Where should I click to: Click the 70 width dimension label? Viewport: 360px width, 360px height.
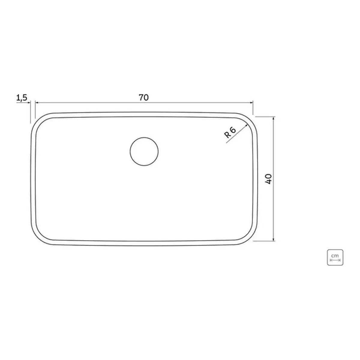pos(144,97)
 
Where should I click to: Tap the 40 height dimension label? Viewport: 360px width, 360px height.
pos(268,179)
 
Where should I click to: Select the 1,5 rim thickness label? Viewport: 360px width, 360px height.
pos(22,98)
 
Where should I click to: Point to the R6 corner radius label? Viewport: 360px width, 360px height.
pos(230,132)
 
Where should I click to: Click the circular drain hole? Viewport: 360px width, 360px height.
pos(144,151)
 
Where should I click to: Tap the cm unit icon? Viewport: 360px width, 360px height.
pos(335,257)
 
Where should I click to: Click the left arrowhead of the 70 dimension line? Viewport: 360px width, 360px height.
pos(37,103)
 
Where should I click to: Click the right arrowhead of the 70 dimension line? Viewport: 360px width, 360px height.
pos(251,103)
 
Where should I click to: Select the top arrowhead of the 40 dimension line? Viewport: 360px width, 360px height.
pos(274,118)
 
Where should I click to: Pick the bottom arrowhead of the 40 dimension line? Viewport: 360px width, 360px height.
pos(274,239)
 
